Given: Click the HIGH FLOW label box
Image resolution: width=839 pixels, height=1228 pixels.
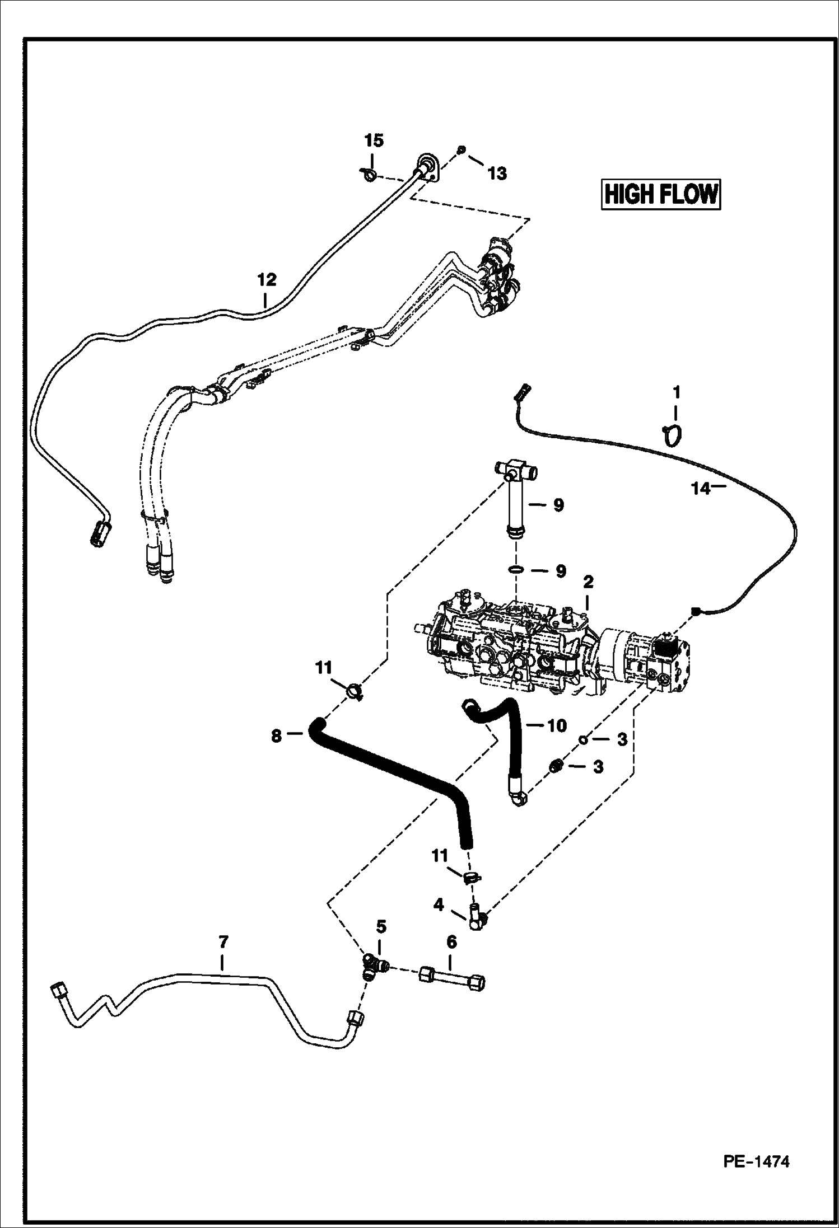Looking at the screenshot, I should click(x=661, y=194).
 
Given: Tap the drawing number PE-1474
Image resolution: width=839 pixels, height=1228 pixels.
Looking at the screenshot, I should click(x=756, y=1162).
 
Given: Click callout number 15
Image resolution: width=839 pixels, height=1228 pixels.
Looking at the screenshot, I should click(x=374, y=140).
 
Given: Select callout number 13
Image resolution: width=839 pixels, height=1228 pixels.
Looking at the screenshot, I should click(x=497, y=174).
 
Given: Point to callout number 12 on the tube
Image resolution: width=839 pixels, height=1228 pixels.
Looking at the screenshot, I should click(x=267, y=279).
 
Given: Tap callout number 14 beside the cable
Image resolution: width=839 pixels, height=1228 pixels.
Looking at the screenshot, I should click(x=700, y=489).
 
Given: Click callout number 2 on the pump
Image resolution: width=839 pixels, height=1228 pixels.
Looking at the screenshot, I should click(x=588, y=583).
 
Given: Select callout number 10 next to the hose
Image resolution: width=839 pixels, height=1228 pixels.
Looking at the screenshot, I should click(x=557, y=725).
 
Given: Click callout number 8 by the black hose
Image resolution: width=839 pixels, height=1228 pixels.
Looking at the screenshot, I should click(x=276, y=735).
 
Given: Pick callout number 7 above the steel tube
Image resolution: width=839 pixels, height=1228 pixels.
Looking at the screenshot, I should click(x=222, y=941).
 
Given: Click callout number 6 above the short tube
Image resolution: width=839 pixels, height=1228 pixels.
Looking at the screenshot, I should click(x=451, y=942).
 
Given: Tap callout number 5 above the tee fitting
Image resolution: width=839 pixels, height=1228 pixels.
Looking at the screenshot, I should click(x=381, y=926).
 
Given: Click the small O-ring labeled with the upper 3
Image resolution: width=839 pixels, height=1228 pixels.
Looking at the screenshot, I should click(x=583, y=739).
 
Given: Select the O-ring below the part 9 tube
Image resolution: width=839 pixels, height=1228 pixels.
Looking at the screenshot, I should click(x=516, y=570).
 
